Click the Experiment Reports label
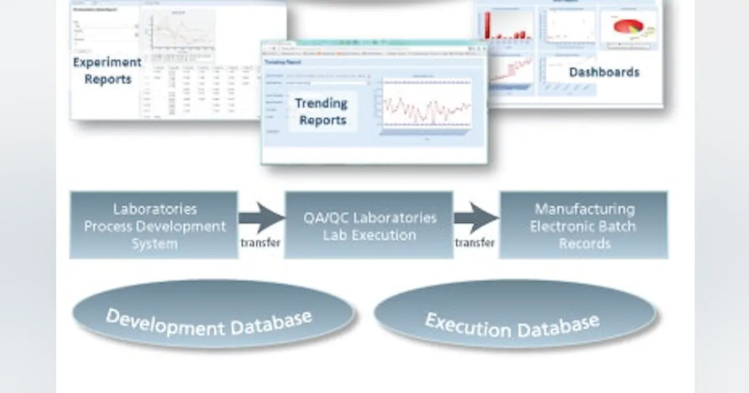click(107, 70)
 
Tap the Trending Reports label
click(322, 111)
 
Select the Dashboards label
click(604, 72)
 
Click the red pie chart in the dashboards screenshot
click(628, 27)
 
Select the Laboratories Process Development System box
click(154, 225)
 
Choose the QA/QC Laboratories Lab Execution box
click(369, 225)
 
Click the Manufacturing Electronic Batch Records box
click(584, 225)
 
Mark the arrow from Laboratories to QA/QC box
click(261, 218)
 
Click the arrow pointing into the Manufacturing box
click(476, 218)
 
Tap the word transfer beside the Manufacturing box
click(475, 243)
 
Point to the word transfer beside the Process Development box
click(260, 243)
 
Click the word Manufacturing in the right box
click(584, 209)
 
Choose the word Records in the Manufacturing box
click(584, 243)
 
